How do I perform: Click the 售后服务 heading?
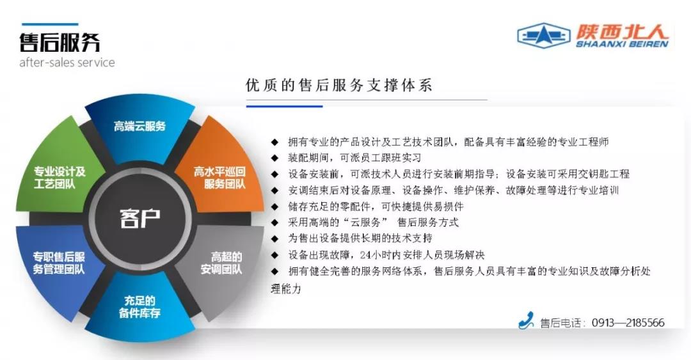click(x=60, y=43)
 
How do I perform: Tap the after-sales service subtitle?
click(x=67, y=63)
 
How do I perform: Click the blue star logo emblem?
click(x=544, y=35)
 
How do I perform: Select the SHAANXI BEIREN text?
click(x=623, y=43)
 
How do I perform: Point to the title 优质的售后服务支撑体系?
click(x=339, y=85)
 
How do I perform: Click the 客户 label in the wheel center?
click(x=139, y=218)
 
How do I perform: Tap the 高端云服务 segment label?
click(x=139, y=127)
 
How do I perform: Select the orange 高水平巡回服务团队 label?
click(x=219, y=178)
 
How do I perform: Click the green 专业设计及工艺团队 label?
click(x=60, y=178)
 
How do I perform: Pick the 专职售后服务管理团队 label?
click(x=59, y=263)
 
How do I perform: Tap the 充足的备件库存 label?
click(x=139, y=307)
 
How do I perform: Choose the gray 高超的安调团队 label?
click(x=221, y=263)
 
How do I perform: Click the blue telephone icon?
click(x=526, y=320)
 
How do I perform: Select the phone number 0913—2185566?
click(x=628, y=323)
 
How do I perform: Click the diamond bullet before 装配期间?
click(x=275, y=158)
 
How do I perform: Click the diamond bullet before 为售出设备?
click(x=275, y=239)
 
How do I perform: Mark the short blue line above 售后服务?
click(x=50, y=24)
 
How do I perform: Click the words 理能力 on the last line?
click(x=286, y=289)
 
